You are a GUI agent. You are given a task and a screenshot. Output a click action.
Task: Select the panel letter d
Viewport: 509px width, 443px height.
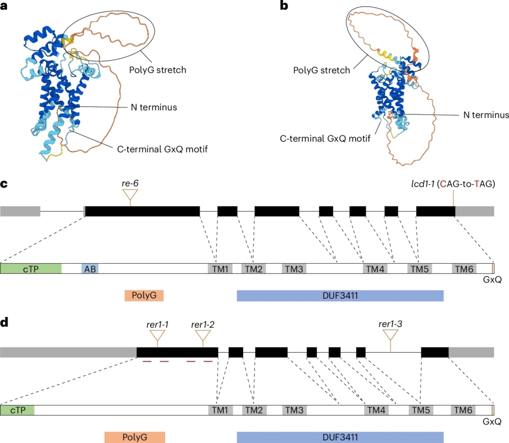pyautogui.click(x=4, y=323)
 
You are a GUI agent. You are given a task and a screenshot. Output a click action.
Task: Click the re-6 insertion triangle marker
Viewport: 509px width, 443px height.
pyautogui.click(x=129, y=196)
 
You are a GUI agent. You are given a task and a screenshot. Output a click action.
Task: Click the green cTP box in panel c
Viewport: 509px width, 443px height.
pyautogui.click(x=31, y=269)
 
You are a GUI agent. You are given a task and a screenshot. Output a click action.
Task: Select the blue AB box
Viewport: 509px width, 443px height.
pyautogui.click(x=90, y=269)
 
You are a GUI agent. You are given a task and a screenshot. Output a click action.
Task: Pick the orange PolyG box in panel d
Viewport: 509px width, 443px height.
pyautogui.click(x=134, y=437)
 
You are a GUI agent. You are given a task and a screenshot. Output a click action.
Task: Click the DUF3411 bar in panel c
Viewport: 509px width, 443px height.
pyautogui.click(x=340, y=295)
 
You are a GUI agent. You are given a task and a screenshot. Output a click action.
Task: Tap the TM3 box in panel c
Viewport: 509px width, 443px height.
pyautogui.click(x=294, y=269)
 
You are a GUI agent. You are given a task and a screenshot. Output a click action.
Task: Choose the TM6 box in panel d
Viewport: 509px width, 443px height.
pyautogui.click(x=463, y=410)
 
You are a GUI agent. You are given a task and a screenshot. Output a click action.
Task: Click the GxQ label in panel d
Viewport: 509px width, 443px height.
pyautogui.click(x=492, y=422)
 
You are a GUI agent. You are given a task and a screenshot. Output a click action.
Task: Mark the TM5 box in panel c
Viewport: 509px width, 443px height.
pyautogui.click(x=420, y=269)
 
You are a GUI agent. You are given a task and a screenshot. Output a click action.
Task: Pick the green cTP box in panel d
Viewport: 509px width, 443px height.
pyautogui.click(x=17, y=410)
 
